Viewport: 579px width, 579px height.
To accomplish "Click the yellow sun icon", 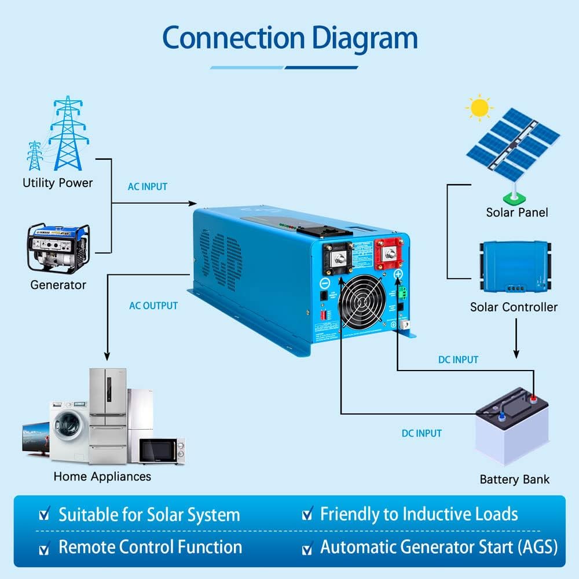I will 479,108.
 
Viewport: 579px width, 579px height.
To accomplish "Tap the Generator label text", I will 58,285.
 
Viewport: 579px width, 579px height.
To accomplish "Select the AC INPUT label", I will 148,187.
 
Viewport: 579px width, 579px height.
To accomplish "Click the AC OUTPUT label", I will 153,306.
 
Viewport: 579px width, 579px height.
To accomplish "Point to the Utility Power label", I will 57,183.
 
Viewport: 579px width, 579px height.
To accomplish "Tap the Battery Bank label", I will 515,479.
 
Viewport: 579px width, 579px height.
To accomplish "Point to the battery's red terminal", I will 533,398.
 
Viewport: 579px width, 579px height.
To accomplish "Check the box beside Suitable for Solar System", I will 44,515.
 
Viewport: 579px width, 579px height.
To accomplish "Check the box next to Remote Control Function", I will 44,548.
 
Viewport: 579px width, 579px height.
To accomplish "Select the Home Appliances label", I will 102,477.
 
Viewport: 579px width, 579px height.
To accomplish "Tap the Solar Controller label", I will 514,307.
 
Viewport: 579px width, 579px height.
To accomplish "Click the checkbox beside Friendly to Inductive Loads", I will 307,514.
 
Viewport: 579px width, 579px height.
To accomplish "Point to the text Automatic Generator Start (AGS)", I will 439,547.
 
